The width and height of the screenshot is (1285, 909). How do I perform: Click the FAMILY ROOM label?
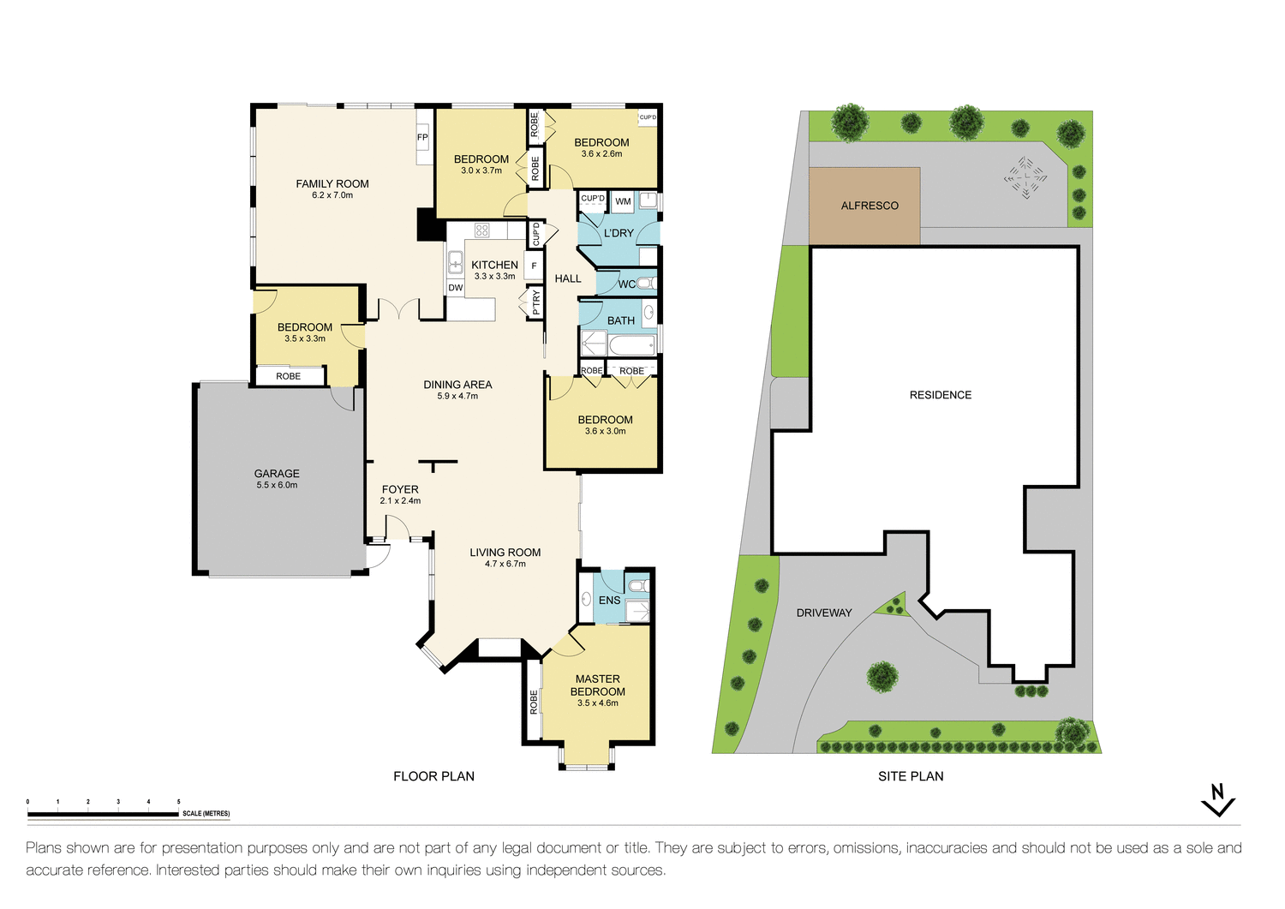[332, 184]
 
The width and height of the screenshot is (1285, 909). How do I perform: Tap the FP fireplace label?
[422, 137]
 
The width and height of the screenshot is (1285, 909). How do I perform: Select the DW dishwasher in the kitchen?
[456, 288]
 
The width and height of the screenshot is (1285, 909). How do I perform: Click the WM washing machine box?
[623, 202]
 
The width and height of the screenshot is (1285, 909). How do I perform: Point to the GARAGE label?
[277, 474]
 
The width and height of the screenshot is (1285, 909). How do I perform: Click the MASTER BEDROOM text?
[598, 685]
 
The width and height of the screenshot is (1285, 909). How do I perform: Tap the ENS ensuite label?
[609, 601]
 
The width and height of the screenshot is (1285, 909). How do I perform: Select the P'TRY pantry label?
[536, 302]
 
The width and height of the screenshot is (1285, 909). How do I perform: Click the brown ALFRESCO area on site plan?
[865, 206]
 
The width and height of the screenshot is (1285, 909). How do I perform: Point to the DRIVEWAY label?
[824, 613]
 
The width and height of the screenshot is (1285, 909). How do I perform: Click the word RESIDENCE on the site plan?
[941, 395]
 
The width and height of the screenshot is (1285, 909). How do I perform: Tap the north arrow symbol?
[1217, 800]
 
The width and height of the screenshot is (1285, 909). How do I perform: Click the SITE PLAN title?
[911, 776]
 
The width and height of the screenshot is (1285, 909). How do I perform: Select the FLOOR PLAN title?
[433, 776]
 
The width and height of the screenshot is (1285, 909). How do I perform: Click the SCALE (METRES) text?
[206, 814]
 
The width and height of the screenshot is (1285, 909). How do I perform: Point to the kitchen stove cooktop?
[482, 230]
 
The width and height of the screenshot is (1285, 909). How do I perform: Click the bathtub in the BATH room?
[632, 345]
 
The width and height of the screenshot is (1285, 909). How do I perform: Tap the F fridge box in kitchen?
[534, 266]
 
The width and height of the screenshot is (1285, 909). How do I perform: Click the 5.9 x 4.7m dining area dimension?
[457, 397]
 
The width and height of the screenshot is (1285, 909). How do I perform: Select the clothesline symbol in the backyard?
[1025, 178]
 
